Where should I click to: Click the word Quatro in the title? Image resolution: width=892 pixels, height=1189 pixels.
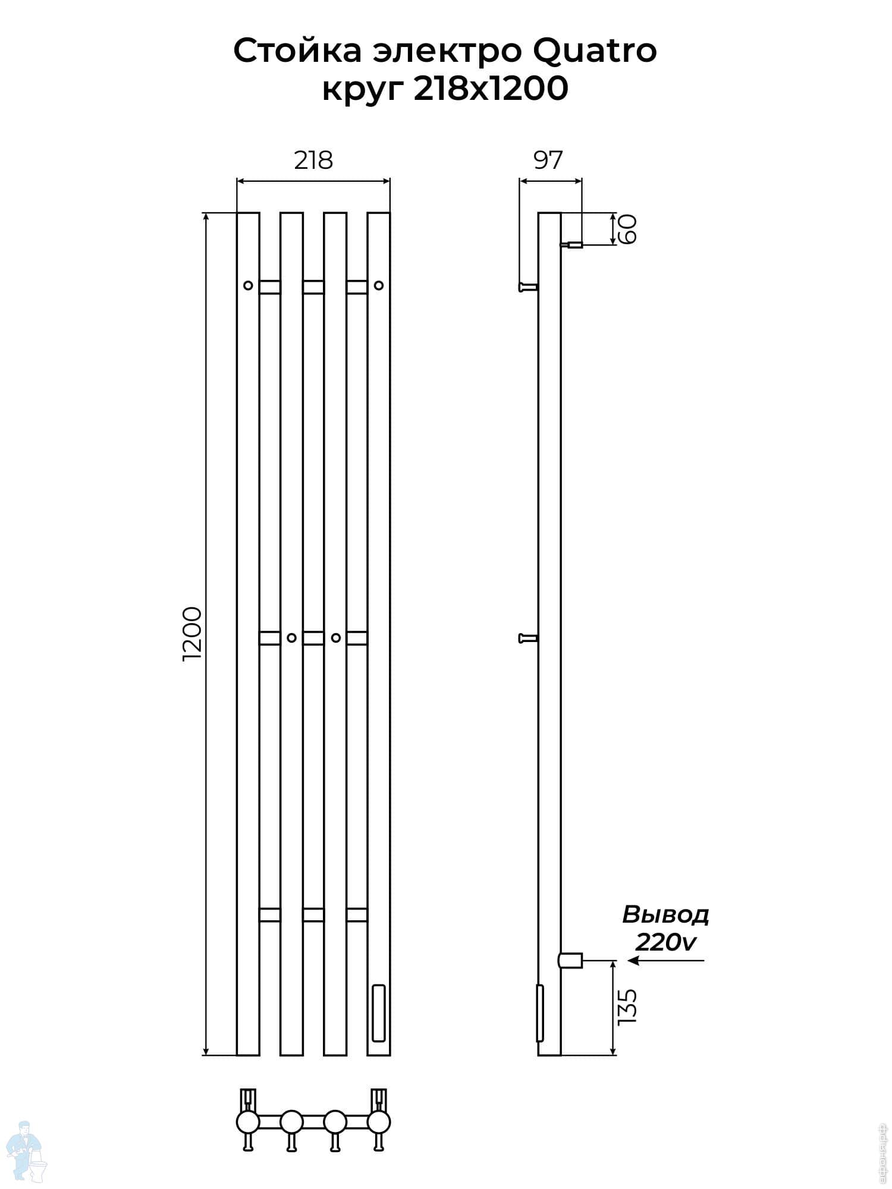pos(594,51)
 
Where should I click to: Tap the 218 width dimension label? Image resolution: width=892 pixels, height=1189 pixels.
pos(313,161)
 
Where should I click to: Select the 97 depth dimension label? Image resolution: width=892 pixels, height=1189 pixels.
pos(548,161)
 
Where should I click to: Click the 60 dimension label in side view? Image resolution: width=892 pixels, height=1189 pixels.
pos(628,229)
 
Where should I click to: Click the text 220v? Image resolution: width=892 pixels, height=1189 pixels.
pos(665,942)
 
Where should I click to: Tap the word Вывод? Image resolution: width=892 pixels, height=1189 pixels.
pos(665,915)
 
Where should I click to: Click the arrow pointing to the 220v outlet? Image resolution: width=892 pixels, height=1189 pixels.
pos(666,960)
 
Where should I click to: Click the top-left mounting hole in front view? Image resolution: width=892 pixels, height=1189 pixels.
pos(248,285)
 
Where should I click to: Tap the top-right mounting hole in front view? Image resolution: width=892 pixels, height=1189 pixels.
pos(379,285)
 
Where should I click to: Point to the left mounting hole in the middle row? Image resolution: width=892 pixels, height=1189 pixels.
pos(291,638)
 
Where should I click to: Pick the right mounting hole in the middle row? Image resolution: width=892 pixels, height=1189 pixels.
pos(335,638)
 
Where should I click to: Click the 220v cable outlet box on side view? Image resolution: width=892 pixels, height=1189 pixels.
pos(570,960)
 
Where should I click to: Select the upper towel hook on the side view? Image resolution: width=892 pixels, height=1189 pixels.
pos(528,287)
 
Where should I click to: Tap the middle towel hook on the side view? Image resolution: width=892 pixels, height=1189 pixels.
pos(528,638)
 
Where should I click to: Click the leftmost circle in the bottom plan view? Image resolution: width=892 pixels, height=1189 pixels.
pos(248,1122)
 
